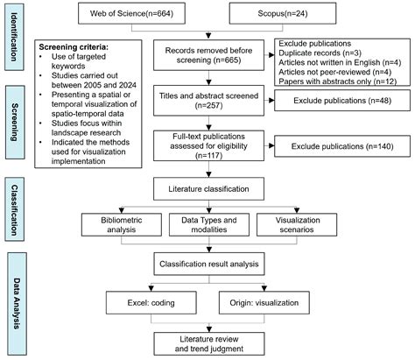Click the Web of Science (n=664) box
pyautogui.click(x=131, y=13)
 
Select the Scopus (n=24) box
pyautogui.click(x=283, y=13)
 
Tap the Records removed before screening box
pyautogui.click(x=208, y=55)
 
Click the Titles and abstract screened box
pyautogui.click(x=208, y=101)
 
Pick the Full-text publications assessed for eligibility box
pyautogui.click(x=208, y=145)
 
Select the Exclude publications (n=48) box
pyautogui.click(x=342, y=101)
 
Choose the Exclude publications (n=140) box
pyautogui.click(x=342, y=146)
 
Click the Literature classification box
pyautogui.click(x=208, y=188)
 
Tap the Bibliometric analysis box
pyautogui.click(x=122, y=224)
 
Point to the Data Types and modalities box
pyautogui.click(x=209, y=224)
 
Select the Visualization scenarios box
pyautogui.click(x=297, y=224)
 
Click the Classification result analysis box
pyautogui.click(x=209, y=264)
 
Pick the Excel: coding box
pyautogui.click(x=151, y=303)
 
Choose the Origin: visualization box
pyautogui.click(x=264, y=303)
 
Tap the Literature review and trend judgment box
pyautogui.click(x=209, y=343)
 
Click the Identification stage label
pyautogui.click(x=14, y=37)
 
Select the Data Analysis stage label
pyautogui.click(x=17, y=304)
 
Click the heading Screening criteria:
pyautogui.click(x=74, y=47)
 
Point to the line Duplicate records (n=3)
pyautogui.click(x=320, y=53)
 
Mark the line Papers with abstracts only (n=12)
pyautogui.click(x=337, y=81)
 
